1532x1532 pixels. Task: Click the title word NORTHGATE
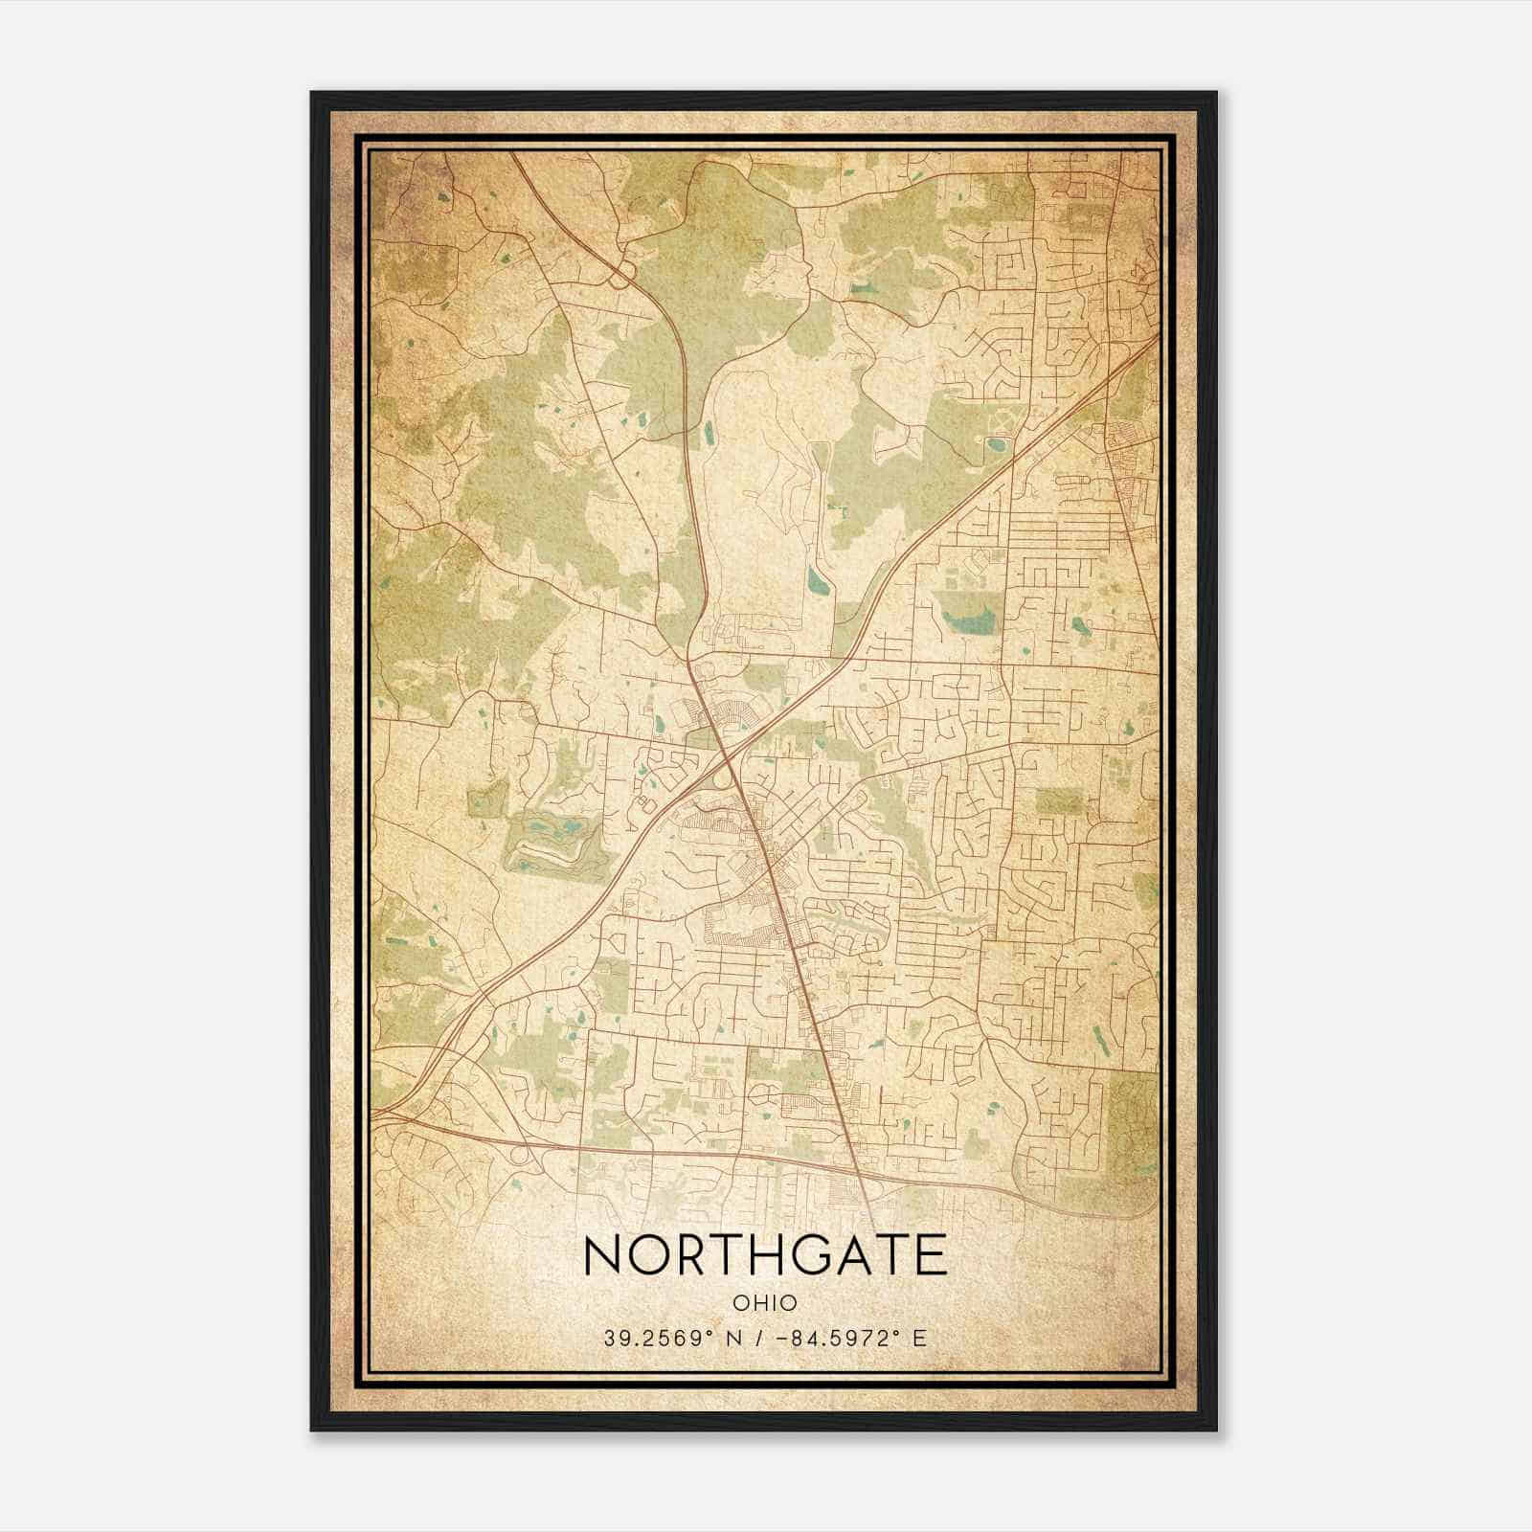click(x=765, y=1255)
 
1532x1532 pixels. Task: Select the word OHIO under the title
click(x=765, y=1302)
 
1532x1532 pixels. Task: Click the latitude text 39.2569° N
click(x=669, y=1339)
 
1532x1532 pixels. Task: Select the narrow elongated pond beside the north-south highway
click(x=709, y=433)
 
